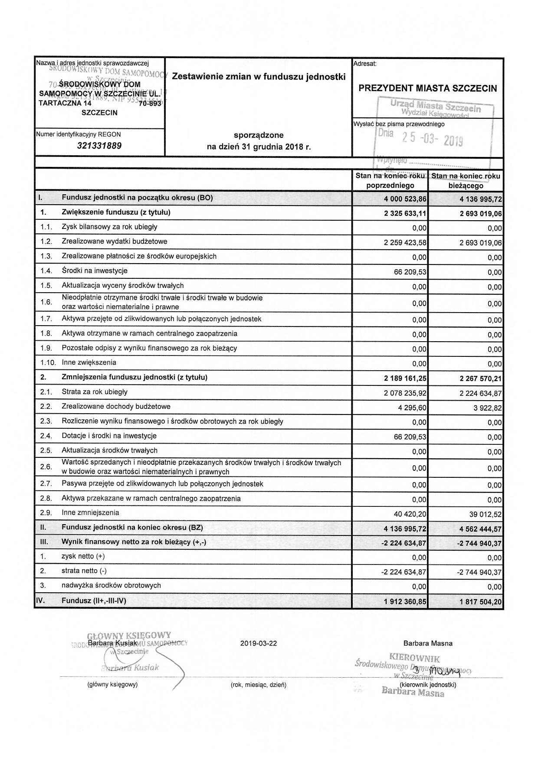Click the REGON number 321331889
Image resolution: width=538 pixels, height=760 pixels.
(99, 146)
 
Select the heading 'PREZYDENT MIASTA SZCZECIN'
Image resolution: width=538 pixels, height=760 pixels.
(427, 88)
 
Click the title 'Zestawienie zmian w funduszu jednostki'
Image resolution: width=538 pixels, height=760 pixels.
(259, 77)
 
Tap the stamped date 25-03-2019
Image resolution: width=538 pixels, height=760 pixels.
(433, 139)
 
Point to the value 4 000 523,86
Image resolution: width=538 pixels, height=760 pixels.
(405, 199)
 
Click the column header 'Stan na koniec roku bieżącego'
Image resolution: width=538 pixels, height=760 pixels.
(466, 180)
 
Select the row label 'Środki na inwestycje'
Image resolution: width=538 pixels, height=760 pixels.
(95, 271)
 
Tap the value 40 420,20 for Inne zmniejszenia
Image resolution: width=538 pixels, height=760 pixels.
(410, 514)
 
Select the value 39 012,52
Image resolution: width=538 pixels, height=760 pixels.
(486, 514)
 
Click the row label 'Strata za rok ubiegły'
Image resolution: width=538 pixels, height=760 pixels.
(95, 392)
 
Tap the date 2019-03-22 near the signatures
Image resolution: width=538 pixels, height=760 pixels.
(258, 643)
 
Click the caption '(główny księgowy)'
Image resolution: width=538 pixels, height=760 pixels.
(112, 685)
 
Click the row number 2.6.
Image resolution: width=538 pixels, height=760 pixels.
(46, 467)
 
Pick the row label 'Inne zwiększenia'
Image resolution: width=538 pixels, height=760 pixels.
(89, 362)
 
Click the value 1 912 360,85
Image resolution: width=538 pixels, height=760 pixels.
(405, 602)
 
